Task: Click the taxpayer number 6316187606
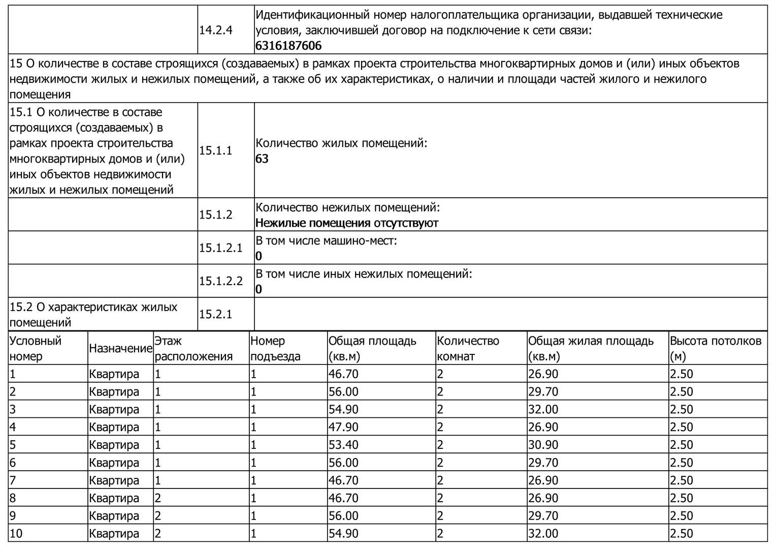click(x=288, y=46)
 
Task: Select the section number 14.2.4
click(x=216, y=30)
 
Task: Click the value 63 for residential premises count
click(x=262, y=159)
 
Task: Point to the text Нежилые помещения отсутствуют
click(x=347, y=223)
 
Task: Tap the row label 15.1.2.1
click(x=221, y=248)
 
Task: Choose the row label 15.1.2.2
click(x=221, y=281)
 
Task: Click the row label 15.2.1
click(x=216, y=314)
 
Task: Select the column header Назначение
click(x=121, y=349)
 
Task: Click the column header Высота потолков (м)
click(x=716, y=348)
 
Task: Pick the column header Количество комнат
click(x=468, y=348)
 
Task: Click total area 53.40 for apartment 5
click(x=343, y=445)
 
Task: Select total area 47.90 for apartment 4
click(x=343, y=427)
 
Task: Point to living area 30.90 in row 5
click(x=543, y=445)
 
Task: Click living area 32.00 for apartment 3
click(x=543, y=409)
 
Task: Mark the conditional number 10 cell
click(x=17, y=534)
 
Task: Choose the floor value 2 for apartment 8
click(x=158, y=498)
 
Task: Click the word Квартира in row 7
click(x=114, y=480)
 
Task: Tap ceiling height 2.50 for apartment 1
click(x=682, y=374)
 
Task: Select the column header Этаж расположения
click(x=193, y=348)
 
